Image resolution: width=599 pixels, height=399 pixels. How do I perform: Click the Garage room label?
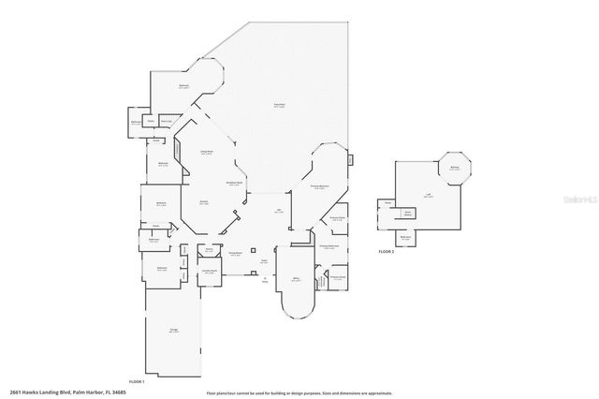(x=172, y=331)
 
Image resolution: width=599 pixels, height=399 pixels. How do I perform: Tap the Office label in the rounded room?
(x=295, y=279)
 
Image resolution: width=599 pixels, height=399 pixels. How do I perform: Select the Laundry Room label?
(x=211, y=272)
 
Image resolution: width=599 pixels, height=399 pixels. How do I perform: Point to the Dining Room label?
(x=237, y=253)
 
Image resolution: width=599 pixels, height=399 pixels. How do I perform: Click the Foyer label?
(x=265, y=261)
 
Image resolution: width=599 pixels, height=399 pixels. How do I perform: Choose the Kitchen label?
(x=202, y=201)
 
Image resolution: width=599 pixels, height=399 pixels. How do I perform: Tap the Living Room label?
(x=208, y=152)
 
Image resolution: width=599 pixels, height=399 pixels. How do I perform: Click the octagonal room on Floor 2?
(x=454, y=169)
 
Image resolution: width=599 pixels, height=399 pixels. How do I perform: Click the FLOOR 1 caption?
(x=137, y=381)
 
